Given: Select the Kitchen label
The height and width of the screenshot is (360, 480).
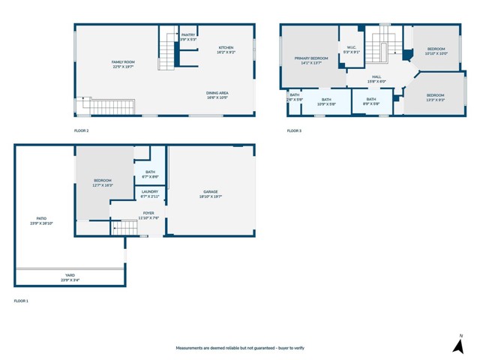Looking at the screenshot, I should (226, 50).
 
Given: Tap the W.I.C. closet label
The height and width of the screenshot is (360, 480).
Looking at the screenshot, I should (352, 49).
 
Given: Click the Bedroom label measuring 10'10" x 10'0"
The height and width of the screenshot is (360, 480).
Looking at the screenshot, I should (436, 51).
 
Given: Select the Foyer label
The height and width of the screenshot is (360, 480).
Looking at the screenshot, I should (148, 215).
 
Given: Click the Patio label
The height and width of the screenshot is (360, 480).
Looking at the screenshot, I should (41, 220).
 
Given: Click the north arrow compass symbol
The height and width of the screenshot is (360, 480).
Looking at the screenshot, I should (458, 345).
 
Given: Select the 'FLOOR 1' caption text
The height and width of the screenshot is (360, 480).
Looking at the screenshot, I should (21, 301).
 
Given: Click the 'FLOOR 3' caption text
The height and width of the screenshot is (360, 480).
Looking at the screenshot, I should (294, 131).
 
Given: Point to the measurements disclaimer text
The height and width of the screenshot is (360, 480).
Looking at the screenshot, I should (240, 348).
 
